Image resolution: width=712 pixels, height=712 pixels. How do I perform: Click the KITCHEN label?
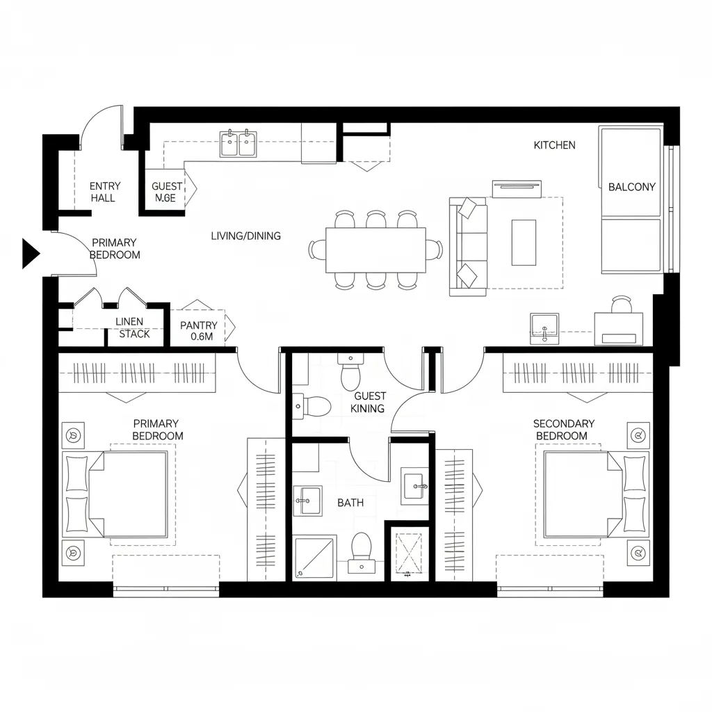tap(554, 145)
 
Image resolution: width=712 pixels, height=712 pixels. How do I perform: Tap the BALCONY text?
tap(631, 186)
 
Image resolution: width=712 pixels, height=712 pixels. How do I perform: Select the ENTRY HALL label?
tap(105, 192)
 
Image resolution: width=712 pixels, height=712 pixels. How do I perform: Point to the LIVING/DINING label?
tap(245, 236)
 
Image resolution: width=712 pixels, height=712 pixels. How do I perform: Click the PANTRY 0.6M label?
tap(199, 331)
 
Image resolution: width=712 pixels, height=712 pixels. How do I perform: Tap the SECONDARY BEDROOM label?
tap(563, 430)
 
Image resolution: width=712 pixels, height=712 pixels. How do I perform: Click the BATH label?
tap(350, 502)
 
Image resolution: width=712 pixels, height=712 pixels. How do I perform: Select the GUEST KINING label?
tap(369, 402)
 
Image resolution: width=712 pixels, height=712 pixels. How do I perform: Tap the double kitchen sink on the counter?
tap(238, 144)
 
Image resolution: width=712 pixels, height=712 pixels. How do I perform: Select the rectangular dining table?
tap(375, 250)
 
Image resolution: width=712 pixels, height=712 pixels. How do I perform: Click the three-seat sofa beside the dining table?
tap(468, 246)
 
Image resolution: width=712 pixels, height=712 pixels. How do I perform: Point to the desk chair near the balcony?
tap(622, 305)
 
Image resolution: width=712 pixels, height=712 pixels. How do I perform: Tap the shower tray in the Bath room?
tap(314, 557)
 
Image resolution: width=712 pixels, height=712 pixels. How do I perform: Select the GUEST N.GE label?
tap(167, 192)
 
